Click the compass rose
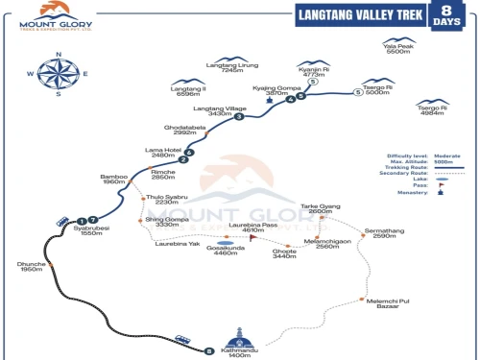(x=57, y=73)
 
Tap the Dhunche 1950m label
(x=32, y=268)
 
